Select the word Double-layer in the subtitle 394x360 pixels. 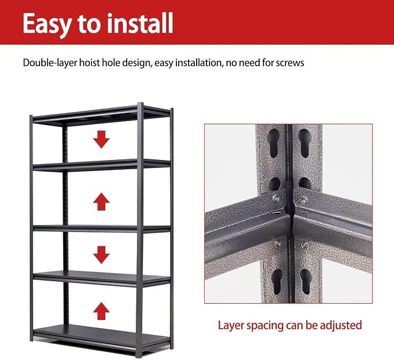pos(50,63)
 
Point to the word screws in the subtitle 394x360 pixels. pos(290,63)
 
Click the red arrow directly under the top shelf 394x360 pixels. pos(102,139)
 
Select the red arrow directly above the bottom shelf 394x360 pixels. pos(102,311)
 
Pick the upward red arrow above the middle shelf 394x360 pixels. pos(102,202)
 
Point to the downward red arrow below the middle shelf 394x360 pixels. pos(102,255)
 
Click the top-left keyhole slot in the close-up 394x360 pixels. pos(273,143)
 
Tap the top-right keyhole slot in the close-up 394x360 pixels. pos(305,143)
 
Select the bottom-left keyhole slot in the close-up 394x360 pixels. pos(277,282)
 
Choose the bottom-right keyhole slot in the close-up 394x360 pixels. pos(306,282)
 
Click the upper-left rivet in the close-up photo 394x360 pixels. pos(276,198)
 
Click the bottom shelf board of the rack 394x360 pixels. pos(102,333)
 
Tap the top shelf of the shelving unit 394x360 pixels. pos(102,115)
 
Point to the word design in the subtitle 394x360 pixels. pos(136,63)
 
